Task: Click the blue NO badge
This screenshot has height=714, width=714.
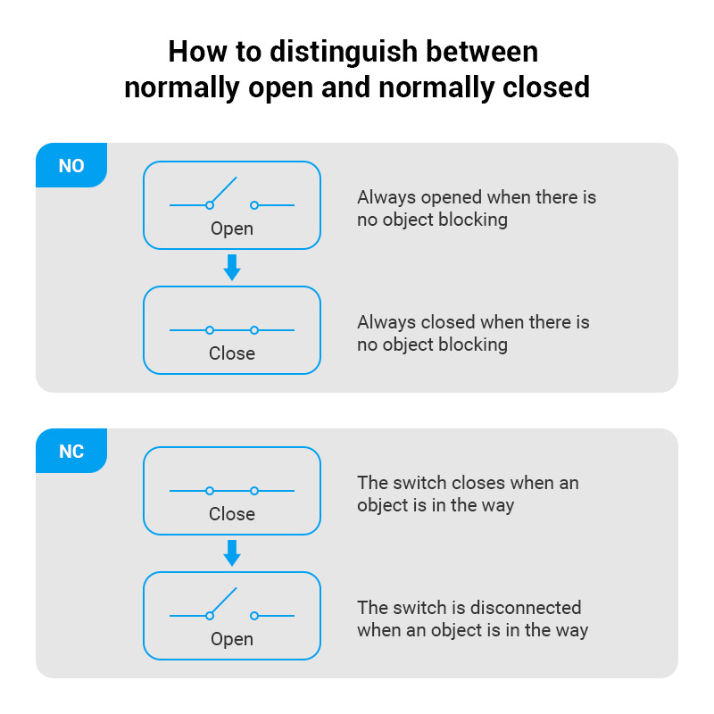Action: point(71,165)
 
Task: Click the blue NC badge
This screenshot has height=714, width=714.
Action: point(71,451)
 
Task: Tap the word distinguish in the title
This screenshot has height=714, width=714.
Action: point(344,53)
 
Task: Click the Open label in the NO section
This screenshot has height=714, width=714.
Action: point(232,229)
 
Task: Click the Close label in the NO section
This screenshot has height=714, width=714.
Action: point(232,353)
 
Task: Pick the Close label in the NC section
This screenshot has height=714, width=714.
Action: point(232,514)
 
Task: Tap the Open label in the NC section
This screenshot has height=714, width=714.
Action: point(232,640)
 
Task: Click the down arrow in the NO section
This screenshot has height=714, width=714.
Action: point(232,267)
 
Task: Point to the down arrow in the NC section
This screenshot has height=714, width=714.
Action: point(232,552)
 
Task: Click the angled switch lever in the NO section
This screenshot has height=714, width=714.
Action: point(224,190)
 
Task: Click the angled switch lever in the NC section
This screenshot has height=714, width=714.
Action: point(224,601)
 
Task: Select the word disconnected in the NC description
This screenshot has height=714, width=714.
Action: point(526,608)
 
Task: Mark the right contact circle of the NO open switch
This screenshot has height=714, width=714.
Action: point(254,205)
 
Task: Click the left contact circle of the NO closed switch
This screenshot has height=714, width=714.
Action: point(210,330)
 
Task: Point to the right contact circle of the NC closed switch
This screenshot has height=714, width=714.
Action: point(254,491)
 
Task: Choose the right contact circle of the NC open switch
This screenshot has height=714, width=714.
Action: point(254,616)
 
